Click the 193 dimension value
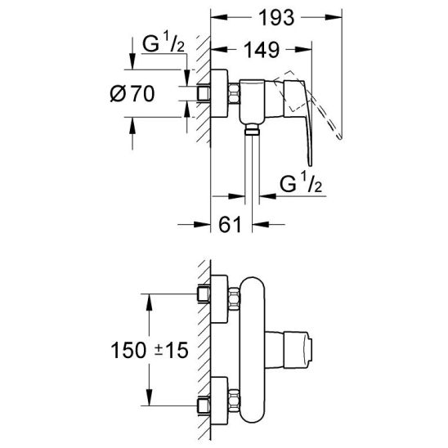click(x=276, y=18)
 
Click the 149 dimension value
click(x=262, y=50)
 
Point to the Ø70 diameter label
click(x=132, y=93)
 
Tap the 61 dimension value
click(x=231, y=225)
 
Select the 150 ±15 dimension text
click(x=150, y=350)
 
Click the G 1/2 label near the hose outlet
click(x=301, y=183)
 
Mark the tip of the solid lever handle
click(x=311, y=165)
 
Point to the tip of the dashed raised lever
click(x=340, y=138)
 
